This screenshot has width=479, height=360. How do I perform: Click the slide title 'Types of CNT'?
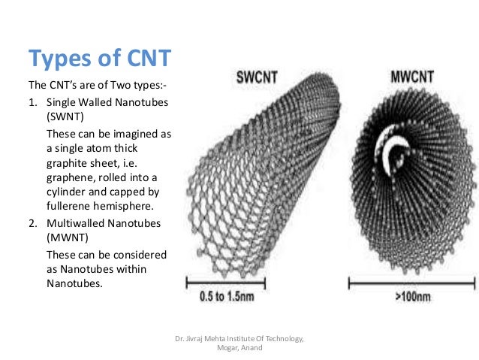[x=98, y=57]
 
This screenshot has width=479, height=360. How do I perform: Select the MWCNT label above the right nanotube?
[x=411, y=77]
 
